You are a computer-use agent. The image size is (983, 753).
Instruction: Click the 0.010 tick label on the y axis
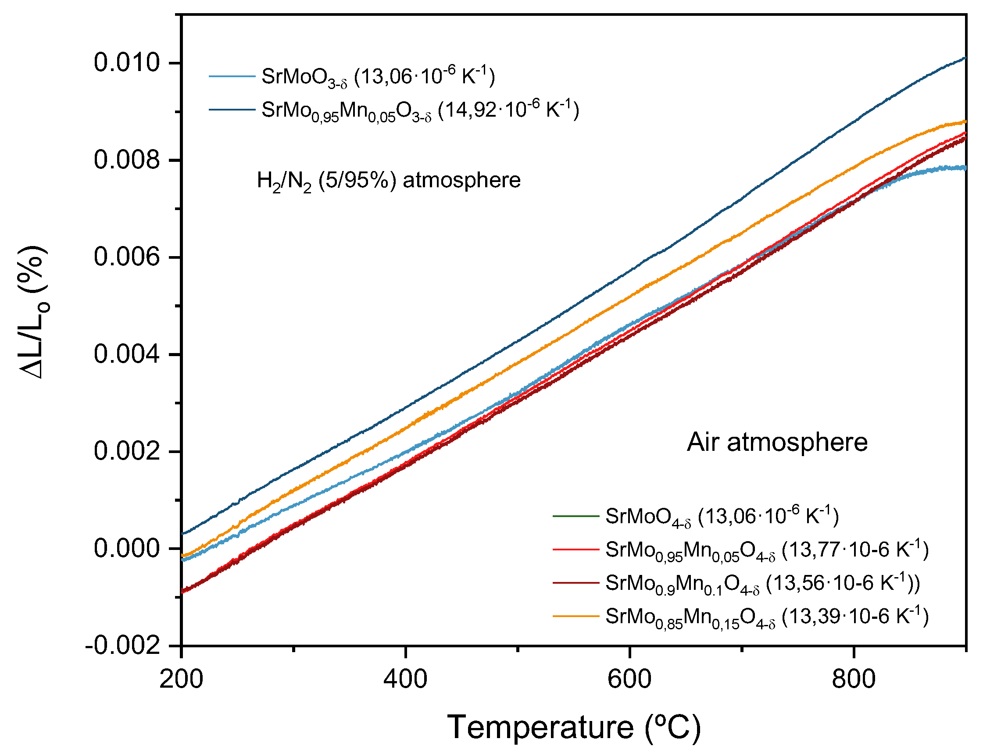pos(127,63)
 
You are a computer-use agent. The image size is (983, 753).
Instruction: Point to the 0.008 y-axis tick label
pos(127,160)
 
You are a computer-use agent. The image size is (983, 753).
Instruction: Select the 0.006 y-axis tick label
pos(127,257)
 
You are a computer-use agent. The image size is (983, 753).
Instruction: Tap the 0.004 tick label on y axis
pos(127,354)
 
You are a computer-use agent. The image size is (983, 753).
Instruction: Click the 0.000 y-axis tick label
pos(127,549)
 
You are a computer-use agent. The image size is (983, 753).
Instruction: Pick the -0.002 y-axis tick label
pos(123,646)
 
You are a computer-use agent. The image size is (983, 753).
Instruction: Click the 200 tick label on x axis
pos(181,679)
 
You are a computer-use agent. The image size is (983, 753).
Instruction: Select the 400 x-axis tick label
pos(405,679)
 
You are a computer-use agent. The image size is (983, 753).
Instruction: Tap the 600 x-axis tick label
pos(629,679)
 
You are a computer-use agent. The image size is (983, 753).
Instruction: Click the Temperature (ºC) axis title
pos(574,727)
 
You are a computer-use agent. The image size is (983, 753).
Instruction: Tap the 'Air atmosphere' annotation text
pos(777,443)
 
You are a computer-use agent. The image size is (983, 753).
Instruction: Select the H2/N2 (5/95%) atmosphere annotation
pos(388,181)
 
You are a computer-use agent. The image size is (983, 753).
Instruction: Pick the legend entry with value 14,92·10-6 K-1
pos(420,110)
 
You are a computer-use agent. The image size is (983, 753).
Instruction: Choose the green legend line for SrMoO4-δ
pos(576,516)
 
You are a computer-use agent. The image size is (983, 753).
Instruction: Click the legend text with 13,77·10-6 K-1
pos(766,550)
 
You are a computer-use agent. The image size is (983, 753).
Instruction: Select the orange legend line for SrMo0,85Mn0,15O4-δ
pos(576,616)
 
